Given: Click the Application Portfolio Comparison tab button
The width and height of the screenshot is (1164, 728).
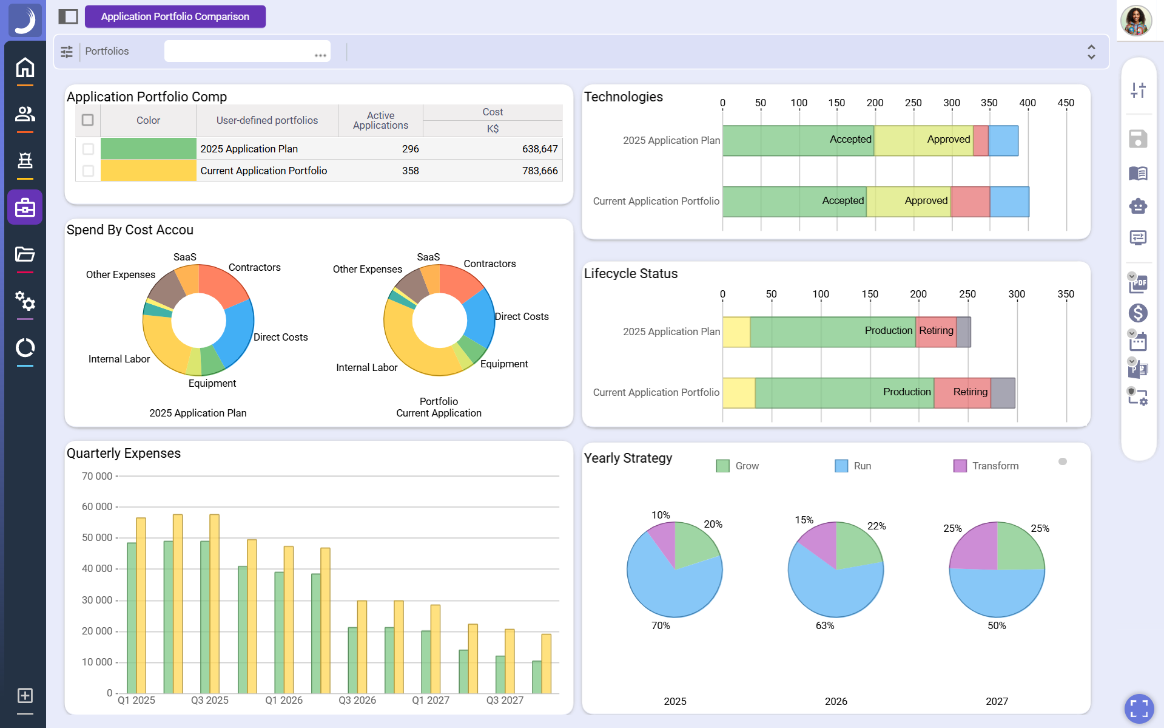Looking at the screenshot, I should pyautogui.click(x=175, y=16).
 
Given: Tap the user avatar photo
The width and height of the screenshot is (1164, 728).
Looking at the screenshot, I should pyautogui.click(x=1135, y=21).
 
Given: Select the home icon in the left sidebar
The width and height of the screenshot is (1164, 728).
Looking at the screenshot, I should pyautogui.click(x=25, y=67).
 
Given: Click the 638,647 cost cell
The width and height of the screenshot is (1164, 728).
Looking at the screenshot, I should pyautogui.click(x=539, y=149).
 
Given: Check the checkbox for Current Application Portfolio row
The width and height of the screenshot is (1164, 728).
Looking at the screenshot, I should pyautogui.click(x=88, y=171).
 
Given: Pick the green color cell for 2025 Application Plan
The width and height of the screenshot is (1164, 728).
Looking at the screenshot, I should pyautogui.click(x=148, y=149).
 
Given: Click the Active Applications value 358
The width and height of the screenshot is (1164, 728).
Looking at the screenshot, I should pyautogui.click(x=410, y=171).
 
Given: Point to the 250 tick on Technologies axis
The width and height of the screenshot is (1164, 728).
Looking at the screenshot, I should pyautogui.click(x=913, y=103).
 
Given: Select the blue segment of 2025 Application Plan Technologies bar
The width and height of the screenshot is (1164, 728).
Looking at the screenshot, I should pyautogui.click(x=1003, y=141).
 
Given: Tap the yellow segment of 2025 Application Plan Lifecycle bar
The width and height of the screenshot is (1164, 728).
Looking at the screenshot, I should pyautogui.click(x=736, y=332).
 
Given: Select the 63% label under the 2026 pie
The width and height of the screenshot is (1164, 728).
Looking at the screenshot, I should pyautogui.click(x=824, y=625).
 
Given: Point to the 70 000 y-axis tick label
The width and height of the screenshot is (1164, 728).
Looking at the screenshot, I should pyautogui.click(x=97, y=476).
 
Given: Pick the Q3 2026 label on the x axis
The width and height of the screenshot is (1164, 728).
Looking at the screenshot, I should pyautogui.click(x=357, y=700).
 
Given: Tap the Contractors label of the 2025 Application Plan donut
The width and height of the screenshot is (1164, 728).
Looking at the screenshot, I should pyautogui.click(x=254, y=267).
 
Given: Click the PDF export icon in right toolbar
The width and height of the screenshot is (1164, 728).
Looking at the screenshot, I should pyautogui.click(x=1138, y=284).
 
